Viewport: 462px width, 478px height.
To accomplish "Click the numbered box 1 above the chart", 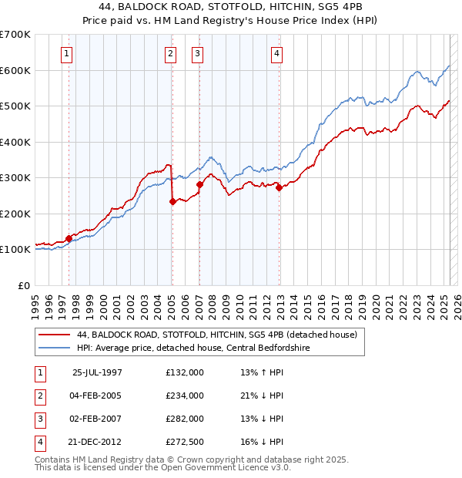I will tap(68, 54).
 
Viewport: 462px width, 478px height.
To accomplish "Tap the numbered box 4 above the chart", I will tap(276, 54).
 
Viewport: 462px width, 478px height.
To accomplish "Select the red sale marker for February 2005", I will tap(172, 202).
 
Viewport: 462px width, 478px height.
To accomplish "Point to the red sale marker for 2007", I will tap(199, 185).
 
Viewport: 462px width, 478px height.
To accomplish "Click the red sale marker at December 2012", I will tap(279, 188).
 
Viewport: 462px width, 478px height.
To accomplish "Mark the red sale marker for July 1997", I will tap(69, 238).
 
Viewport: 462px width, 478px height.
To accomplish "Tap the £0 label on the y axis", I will tap(23, 285).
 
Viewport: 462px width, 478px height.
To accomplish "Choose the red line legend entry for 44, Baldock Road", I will tap(216, 335).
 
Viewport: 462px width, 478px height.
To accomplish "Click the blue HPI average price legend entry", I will tap(209, 348).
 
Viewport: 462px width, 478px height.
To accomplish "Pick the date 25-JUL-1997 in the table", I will tap(97, 372).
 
